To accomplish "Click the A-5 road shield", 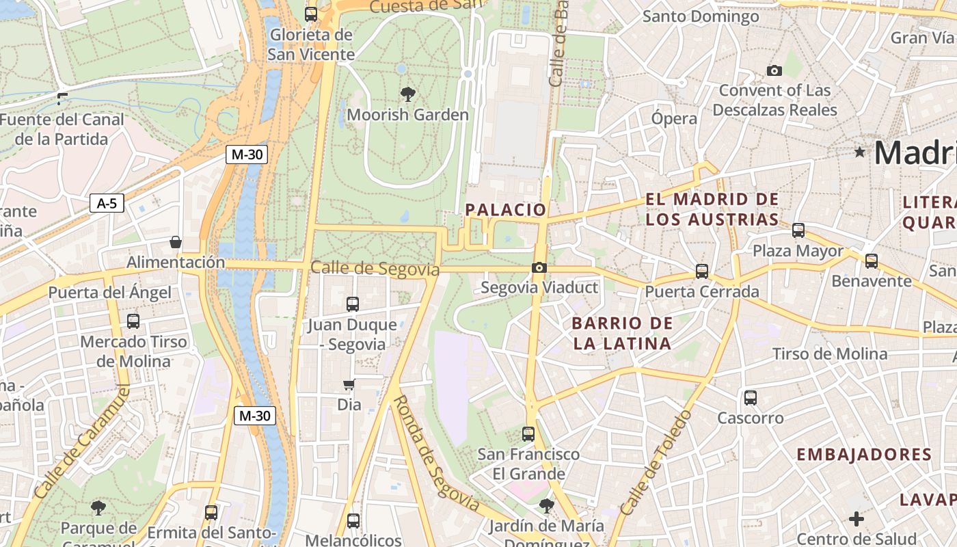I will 107,203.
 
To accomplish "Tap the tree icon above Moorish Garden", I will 408,94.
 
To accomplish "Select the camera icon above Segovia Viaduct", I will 539,267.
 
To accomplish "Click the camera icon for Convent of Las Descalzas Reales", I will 774,70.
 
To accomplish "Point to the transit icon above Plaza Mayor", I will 798,230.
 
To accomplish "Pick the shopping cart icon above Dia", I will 349,385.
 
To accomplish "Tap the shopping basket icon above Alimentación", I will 176,242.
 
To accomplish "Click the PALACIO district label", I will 506,210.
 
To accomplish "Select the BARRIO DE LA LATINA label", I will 622,333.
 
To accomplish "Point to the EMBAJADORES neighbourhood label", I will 864,455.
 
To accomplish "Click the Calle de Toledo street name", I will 656,462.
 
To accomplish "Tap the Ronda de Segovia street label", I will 435,453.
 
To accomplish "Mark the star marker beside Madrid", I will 860,152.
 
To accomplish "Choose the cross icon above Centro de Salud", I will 857,519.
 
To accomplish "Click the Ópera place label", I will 674,118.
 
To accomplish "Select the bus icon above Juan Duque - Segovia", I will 353,304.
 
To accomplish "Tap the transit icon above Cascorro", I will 751,397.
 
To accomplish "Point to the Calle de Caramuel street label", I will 81,442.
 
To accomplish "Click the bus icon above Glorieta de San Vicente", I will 311,14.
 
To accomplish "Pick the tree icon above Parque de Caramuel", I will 98,507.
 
